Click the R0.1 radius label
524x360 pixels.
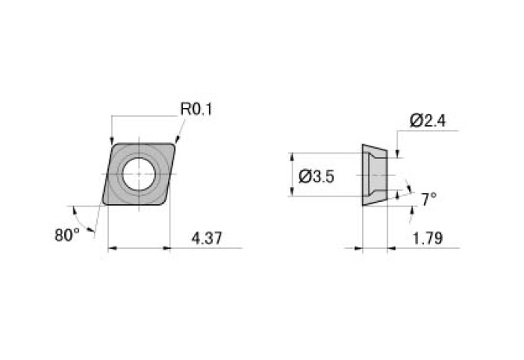196,109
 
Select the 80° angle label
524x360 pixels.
66,234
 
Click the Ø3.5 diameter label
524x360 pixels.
317,177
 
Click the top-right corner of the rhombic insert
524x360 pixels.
174,143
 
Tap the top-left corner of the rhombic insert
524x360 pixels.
113,143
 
